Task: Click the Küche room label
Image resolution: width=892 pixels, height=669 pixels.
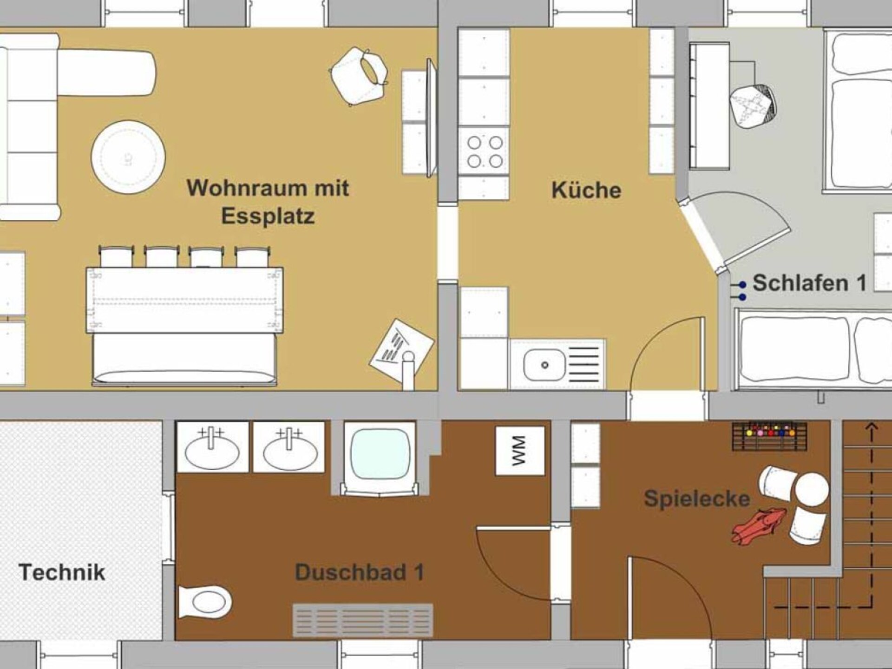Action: pyautogui.click(x=586, y=190)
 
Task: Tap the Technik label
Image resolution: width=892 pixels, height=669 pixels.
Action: pyautogui.click(x=62, y=572)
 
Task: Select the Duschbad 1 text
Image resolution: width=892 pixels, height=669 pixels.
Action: pyautogui.click(x=360, y=572)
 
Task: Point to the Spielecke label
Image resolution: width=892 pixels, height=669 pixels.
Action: pyautogui.click(x=697, y=499)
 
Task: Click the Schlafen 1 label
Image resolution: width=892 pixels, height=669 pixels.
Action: pyautogui.click(x=809, y=283)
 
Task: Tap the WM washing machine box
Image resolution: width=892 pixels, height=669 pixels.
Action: pyautogui.click(x=520, y=451)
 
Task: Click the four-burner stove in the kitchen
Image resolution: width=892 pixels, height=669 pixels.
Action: pyautogui.click(x=485, y=152)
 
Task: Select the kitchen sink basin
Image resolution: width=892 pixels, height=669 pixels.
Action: pyautogui.click(x=544, y=365)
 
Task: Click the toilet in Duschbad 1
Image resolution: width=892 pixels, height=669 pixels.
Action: pyautogui.click(x=205, y=602)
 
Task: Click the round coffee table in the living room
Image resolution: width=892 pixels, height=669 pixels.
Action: pyautogui.click(x=128, y=157)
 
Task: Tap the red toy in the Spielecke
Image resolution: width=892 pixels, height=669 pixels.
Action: pyautogui.click(x=759, y=526)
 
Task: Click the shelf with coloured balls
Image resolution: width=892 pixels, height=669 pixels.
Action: pyautogui.click(x=769, y=436)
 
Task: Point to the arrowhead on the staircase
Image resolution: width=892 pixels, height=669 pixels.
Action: pyautogui.click(x=872, y=427)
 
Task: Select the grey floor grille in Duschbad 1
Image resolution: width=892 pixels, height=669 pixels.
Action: pyautogui.click(x=363, y=620)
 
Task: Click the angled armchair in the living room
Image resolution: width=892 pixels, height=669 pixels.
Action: pyautogui.click(x=359, y=75)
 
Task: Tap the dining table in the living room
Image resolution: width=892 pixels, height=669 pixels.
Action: pyautogui.click(x=184, y=300)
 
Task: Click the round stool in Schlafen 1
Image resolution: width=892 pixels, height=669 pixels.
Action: pyautogui.click(x=753, y=107)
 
